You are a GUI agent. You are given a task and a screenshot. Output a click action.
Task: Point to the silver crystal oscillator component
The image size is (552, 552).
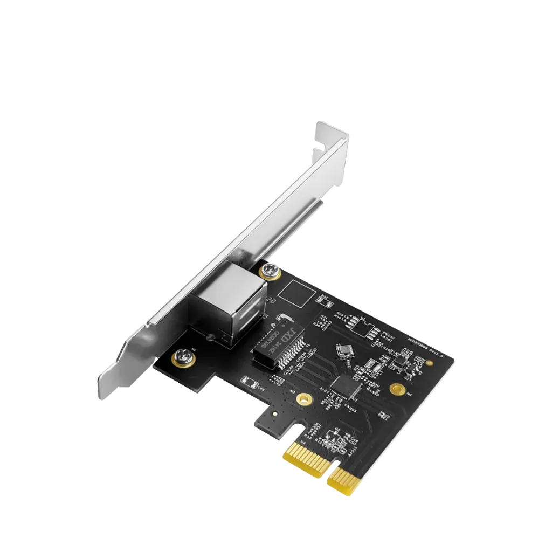pos(343,350)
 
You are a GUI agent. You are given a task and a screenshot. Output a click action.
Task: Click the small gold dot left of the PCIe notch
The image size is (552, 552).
pos(274,416)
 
